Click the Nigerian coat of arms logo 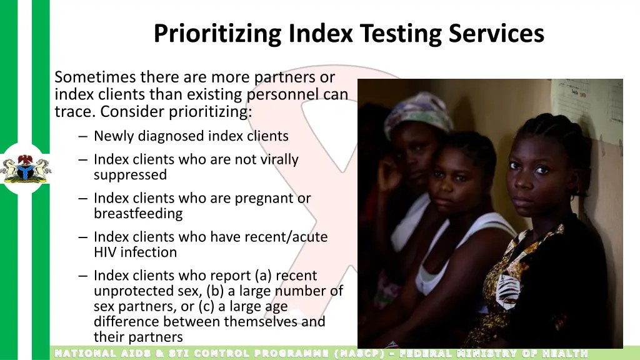click(x=26, y=169)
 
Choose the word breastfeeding click(x=138, y=214)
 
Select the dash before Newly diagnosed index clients click(x=84, y=136)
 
